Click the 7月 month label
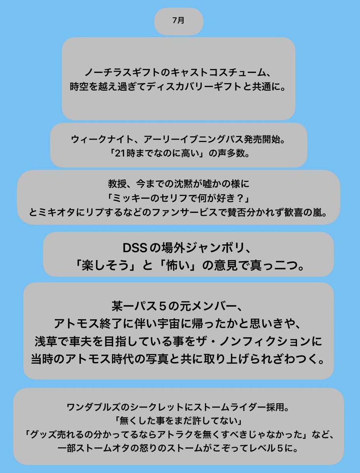(178, 21)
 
